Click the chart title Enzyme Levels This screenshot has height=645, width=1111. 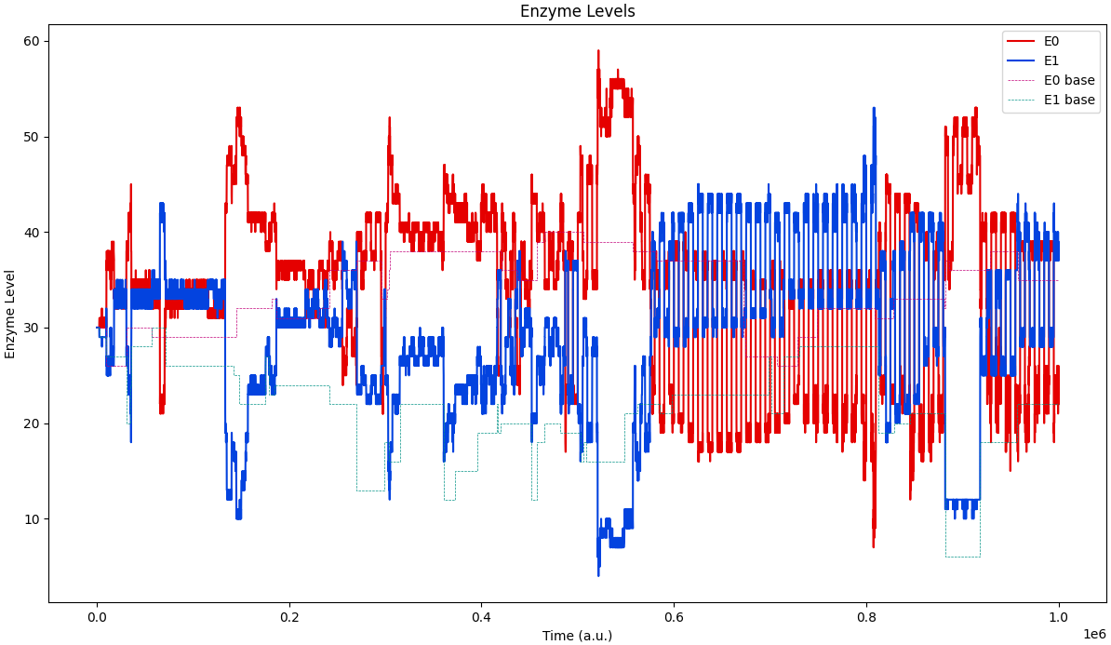[x=577, y=12]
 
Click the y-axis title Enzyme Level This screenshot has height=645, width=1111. [x=11, y=314]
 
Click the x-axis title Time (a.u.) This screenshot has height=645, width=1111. [x=577, y=636]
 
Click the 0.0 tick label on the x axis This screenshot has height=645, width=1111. [x=97, y=617]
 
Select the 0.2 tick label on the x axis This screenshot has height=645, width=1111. [x=289, y=617]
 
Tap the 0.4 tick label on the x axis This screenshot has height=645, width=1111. [x=481, y=617]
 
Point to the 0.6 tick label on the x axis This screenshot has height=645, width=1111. [x=674, y=617]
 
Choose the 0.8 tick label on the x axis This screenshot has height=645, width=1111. [x=866, y=617]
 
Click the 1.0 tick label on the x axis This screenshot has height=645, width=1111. [x=1059, y=617]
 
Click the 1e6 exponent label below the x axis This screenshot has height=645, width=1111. [x=1094, y=633]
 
